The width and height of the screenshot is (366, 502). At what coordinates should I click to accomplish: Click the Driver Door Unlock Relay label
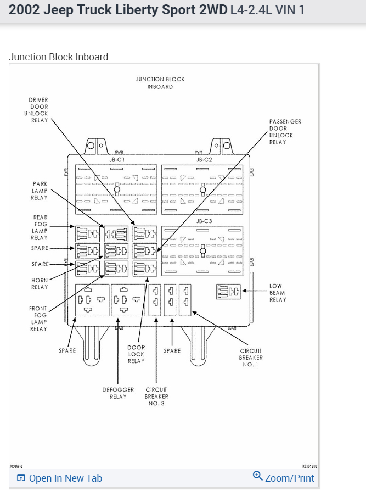coord(38,110)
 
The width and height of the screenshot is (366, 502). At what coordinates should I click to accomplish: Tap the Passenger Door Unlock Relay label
coord(285,132)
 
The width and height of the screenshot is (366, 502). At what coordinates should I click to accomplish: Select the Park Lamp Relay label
coord(39,191)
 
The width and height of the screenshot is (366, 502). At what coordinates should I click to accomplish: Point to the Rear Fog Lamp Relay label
coord(40,227)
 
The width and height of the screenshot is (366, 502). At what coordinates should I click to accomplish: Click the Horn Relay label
coord(40,283)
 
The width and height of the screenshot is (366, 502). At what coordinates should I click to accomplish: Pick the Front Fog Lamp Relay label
coord(38,319)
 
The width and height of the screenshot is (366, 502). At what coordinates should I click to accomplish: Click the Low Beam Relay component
coord(228,292)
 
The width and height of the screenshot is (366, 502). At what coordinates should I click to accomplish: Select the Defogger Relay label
coord(118,393)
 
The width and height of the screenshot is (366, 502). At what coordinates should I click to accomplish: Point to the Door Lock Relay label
coord(136,354)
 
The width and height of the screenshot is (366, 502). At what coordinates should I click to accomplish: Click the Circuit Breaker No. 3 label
coord(156,397)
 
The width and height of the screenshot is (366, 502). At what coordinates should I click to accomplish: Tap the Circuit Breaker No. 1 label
coord(251,358)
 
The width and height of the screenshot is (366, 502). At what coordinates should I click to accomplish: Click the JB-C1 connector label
coord(117,159)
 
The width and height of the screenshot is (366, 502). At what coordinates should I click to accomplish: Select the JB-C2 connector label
coord(204,159)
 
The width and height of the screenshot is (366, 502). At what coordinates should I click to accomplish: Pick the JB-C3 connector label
coord(204,221)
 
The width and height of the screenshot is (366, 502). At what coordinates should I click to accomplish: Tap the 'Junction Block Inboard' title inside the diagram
coord(160,83)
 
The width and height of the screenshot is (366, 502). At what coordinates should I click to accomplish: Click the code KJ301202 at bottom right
coord(309,466)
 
